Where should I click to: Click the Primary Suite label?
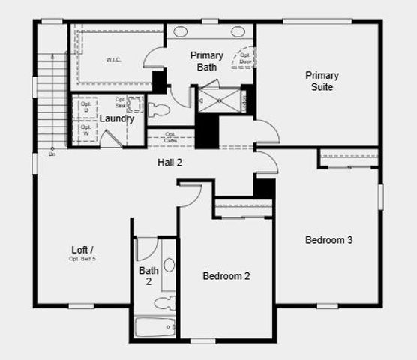click(x=322, y=81)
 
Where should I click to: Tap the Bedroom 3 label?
click(x=328, y=240)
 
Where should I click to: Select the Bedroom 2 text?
click(x=226, y=276)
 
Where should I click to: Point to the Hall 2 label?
click(x=169, y=162)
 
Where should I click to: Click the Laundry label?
click(x=116, y=118)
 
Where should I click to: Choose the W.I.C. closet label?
click(x=114, y=59)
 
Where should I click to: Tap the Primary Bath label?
click(x=206, y=61)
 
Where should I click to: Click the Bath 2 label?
click(x=148, y=276)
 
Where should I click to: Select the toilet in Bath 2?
click(x=165, y=303)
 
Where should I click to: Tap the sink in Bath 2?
click(x=169, y=265)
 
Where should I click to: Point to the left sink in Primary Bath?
click(x=181, y=31)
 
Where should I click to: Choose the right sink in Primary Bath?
click(x=238, y=31)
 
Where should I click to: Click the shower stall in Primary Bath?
click(x=220, y=100)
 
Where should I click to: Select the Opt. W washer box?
click(x=85, y=131)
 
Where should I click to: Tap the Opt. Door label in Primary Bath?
click(x=245, y=58)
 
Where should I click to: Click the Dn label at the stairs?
click(x=52, y=154)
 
